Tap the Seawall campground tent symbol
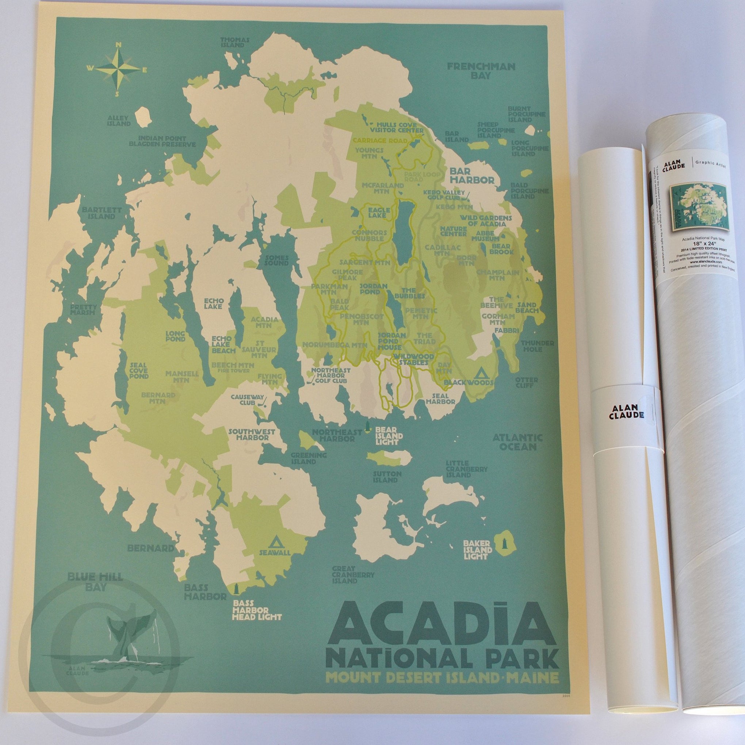point(275,542)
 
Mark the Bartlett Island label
point(99,213)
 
